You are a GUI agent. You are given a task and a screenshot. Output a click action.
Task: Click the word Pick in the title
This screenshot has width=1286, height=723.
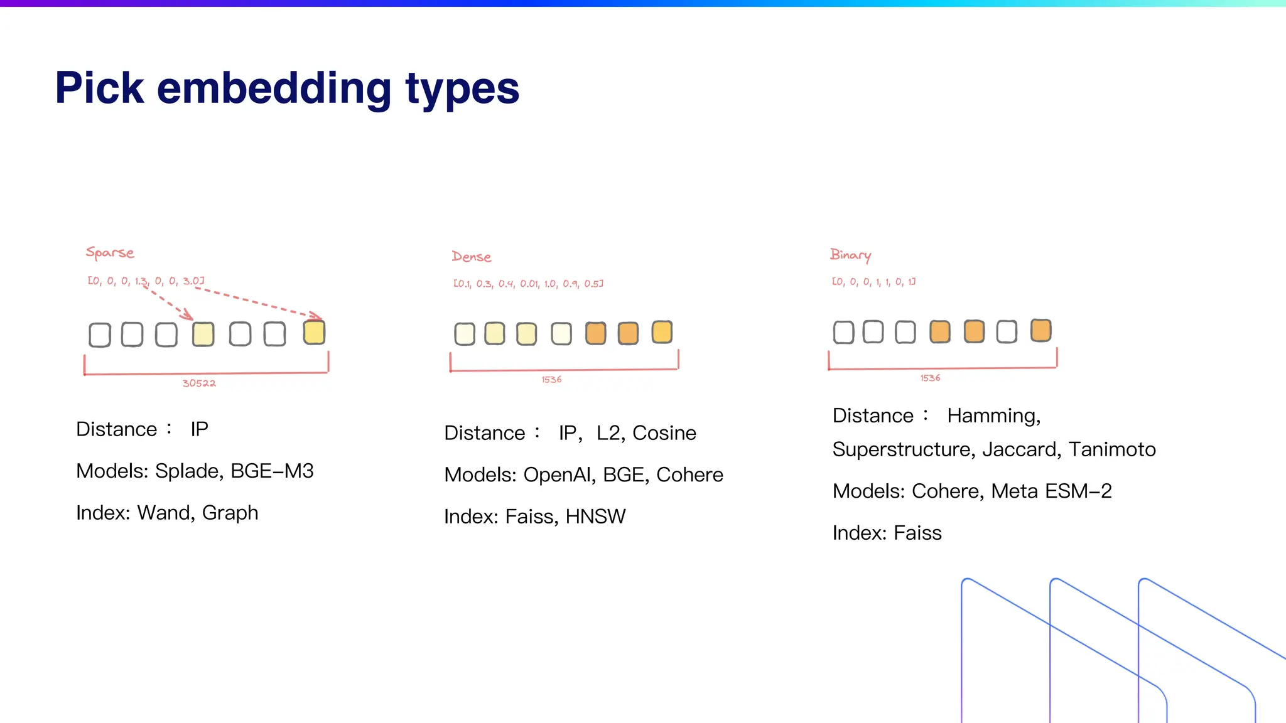pyautogui.click(x=100, y=88)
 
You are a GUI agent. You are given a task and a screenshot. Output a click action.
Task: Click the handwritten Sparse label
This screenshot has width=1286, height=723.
pyautogui.click(x=110, y=253)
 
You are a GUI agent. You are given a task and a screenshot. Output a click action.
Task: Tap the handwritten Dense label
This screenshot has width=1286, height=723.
pyautogui.click(x=471, y=257)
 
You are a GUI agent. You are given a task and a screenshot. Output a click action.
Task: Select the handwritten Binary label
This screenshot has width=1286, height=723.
pyautogui.click(x=850, y=255)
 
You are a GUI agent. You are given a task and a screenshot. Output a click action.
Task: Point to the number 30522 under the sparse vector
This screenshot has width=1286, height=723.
pyautogui.click(x=199, y=383)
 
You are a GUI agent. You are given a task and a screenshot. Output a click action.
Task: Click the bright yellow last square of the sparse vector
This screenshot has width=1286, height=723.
pyautogui.click(x=314, y=332)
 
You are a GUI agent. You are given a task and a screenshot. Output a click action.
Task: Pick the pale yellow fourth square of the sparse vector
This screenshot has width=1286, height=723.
pyautogui.click(x=203, y=334)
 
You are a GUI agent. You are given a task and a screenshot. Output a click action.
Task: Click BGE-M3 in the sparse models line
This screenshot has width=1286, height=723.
pyautogui.click(x=272, y=471)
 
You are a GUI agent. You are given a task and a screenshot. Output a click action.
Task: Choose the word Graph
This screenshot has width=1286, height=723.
pyautogui.click(x=230, y=513)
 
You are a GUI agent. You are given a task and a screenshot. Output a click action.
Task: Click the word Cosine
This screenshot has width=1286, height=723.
pyautogui.click(x=664, y=433)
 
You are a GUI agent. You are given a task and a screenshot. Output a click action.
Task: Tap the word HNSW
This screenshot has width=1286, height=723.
pyautogui.click(x=595, y=517)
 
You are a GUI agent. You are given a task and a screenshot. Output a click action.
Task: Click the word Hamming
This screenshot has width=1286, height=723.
pyautogui.click(x=993, y=416)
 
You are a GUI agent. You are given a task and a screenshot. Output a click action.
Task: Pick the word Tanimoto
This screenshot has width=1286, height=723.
pyautogui.click(x=1112, y=449)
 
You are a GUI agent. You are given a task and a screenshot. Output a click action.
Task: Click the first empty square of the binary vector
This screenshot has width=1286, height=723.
pyautogui.click(x=843, y=332)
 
